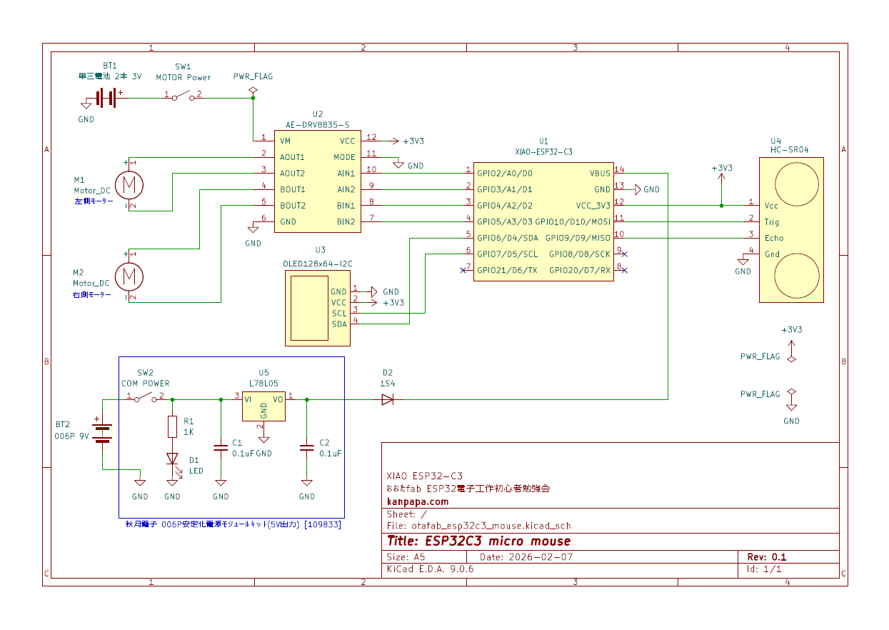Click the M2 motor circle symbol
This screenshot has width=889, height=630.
pos(129,276)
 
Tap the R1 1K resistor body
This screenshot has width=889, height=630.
pos(172,426)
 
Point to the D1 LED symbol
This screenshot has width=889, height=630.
pos(172,459)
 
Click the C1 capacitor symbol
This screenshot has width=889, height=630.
pos(221,448)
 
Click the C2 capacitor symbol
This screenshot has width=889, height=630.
pos(307,448)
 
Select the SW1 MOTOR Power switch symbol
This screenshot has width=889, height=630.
pos(183,96)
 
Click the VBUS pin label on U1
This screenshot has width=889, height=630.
pos(600,173)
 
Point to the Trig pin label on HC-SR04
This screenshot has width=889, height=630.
pos(772,221)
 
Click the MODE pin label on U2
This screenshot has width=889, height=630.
pos(344,157)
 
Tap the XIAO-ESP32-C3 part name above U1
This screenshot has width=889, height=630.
pos(543,152)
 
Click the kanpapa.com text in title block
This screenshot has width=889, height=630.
pos(418,501)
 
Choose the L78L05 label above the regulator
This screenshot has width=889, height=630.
pos(263,383)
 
